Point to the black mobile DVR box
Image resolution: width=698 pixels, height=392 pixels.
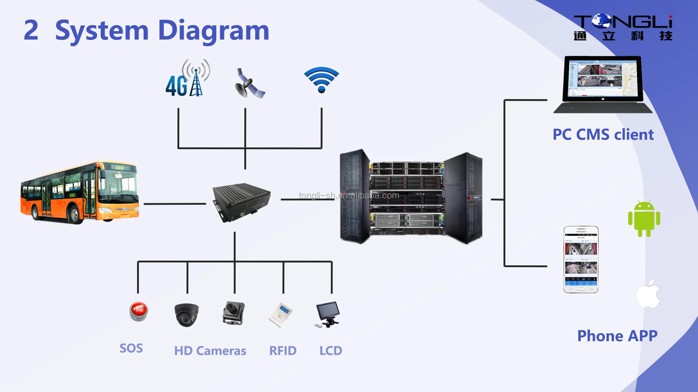click(241, 201)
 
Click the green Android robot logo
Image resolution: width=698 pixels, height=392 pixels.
click(644, 219)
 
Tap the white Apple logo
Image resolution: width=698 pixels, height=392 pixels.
click(649, 294)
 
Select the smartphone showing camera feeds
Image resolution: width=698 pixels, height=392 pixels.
click(581, 260)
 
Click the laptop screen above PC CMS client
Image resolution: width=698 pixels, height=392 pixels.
click(603, 78)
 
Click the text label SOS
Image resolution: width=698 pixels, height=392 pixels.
click(131, 348)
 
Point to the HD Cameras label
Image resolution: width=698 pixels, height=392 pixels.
click(210, 351)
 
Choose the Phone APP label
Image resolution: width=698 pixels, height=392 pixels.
click(617, 336)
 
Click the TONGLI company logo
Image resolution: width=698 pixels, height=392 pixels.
click(623, 27)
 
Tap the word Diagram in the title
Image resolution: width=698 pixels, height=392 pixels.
click(213, 30)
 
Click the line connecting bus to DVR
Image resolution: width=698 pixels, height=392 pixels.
click(174, 204)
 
